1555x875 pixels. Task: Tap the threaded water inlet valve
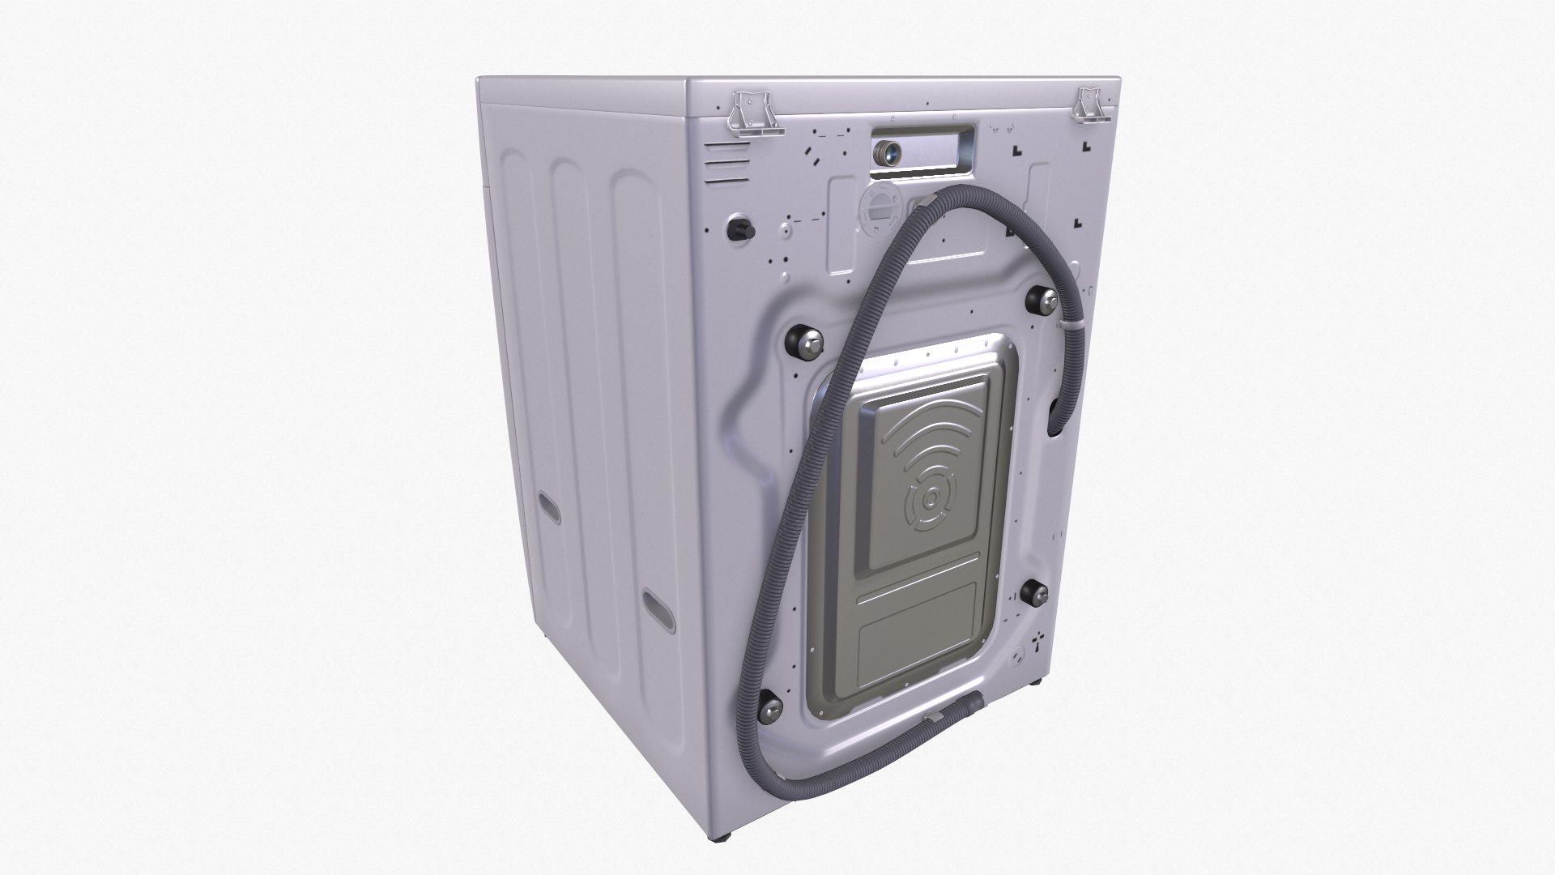(x=888, y=152)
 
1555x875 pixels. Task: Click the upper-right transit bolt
(x=1041, y=300)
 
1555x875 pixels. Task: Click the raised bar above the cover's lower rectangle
(x=919, y=578)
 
